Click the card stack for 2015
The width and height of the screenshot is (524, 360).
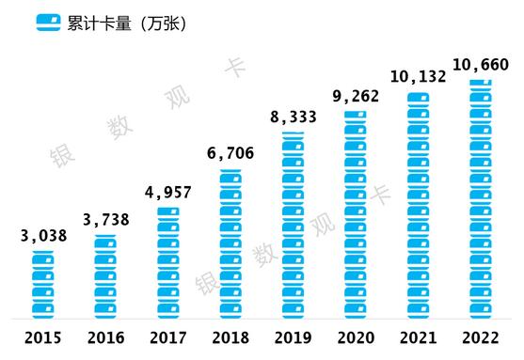44,282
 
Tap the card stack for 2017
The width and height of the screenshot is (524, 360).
169,260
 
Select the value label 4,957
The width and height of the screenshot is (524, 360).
169,194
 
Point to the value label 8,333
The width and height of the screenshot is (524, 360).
294,117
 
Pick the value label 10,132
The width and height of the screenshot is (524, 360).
419,75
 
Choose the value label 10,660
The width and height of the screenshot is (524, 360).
481,64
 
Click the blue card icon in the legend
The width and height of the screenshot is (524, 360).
45,23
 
